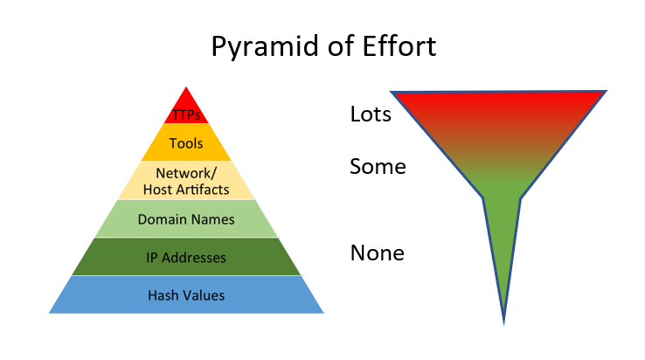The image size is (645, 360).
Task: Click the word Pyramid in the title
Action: click(263, 46)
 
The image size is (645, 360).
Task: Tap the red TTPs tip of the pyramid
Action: click(186, 112)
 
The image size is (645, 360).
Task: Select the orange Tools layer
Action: click(186, 142)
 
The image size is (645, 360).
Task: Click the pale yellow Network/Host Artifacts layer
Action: click(186, 180)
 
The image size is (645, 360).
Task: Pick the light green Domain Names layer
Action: click(186, 219)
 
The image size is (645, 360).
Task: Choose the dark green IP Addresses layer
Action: click(186, 258)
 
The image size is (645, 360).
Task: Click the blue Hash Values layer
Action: click(186, 295)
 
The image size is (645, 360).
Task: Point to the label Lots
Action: click(371, 114)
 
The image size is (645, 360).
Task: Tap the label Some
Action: click(378, 166)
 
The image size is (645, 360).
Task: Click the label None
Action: click(378, 253)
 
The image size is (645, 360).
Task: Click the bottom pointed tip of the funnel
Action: click(504, 322)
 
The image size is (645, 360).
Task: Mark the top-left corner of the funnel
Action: click(392, 93)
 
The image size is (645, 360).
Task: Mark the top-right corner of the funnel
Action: click(606, 91)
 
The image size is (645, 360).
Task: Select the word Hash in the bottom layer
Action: click(162, 295)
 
